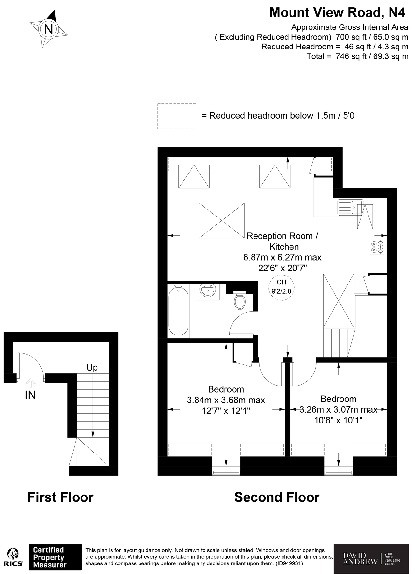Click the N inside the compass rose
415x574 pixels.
click(48, 29)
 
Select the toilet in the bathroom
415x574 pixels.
click(240, 300)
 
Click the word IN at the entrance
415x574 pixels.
click(30, 395)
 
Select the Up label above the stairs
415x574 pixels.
click(92, 368)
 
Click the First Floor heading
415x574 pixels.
click(61, 497)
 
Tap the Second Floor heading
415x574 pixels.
click(277, 497)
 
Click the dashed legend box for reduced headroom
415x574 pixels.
click(177, 116)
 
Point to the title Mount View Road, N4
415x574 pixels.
click(337, 13)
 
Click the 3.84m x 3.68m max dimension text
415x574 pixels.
click(226, 400)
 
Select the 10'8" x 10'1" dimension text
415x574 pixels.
click(338, 420)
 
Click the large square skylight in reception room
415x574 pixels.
click(222, 220)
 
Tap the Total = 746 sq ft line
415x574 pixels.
click(357, 56)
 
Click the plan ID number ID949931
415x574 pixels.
click(289, 563)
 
